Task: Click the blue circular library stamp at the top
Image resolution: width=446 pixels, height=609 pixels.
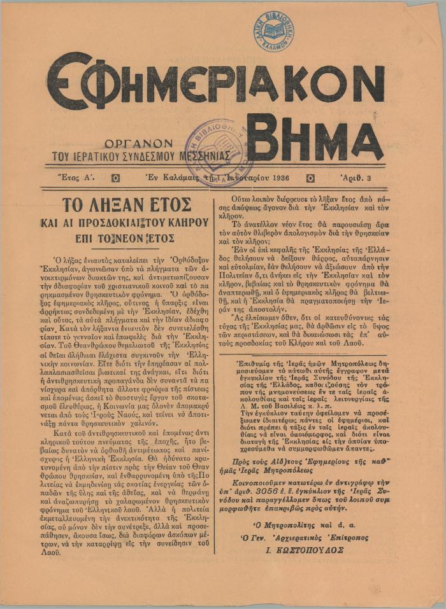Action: click(273, 31)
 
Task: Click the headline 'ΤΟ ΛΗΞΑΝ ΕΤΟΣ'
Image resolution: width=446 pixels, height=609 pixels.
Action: click(126, 206)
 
